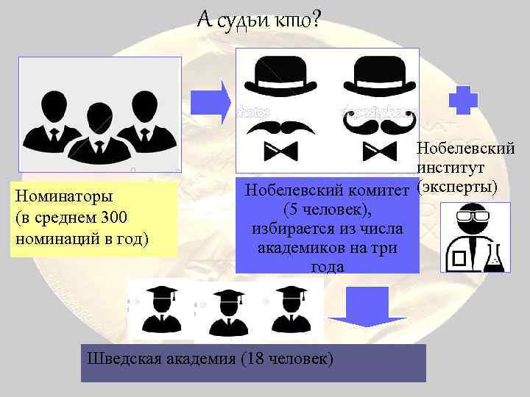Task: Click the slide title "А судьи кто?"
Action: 258,21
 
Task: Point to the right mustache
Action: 375,126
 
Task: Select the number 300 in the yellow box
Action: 115,218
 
